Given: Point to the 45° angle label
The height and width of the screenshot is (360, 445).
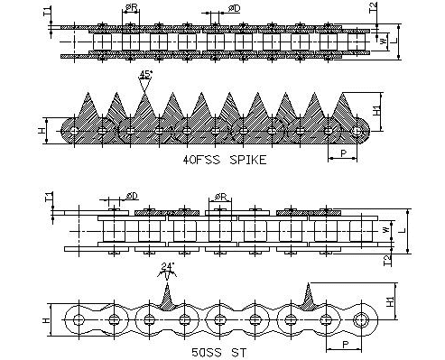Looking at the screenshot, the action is [x=145, y=75].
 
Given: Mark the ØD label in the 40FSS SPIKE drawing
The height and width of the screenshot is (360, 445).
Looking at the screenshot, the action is [x=234, y=8].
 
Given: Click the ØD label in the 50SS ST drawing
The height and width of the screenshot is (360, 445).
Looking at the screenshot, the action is [x=132, y=196].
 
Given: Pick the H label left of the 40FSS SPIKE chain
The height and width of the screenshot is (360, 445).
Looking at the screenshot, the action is [x=42, y=131].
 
